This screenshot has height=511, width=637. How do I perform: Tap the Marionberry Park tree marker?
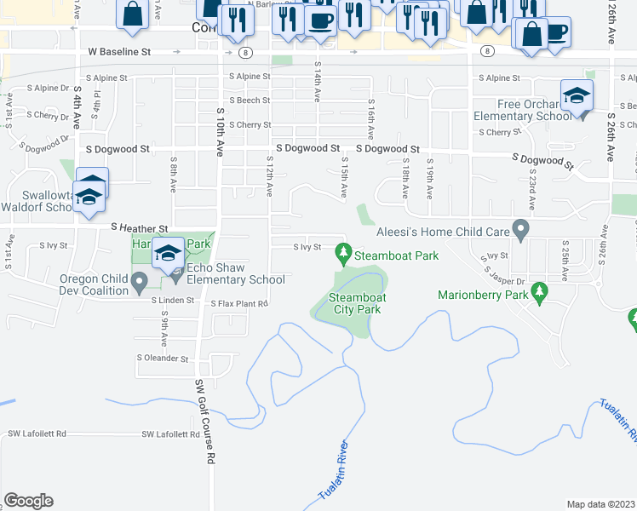coord(538,293)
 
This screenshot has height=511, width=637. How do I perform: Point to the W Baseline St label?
coord(119,52)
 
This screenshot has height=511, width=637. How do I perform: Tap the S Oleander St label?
coord(163,359)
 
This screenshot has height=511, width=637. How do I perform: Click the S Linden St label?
coord(174,300)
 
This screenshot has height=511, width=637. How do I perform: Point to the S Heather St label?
coord(140,228)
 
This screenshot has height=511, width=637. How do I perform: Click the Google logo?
coord(28,501)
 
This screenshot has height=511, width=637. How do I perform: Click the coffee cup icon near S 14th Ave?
coord(320,21)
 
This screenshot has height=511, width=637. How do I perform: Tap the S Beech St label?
coord(250,100)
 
